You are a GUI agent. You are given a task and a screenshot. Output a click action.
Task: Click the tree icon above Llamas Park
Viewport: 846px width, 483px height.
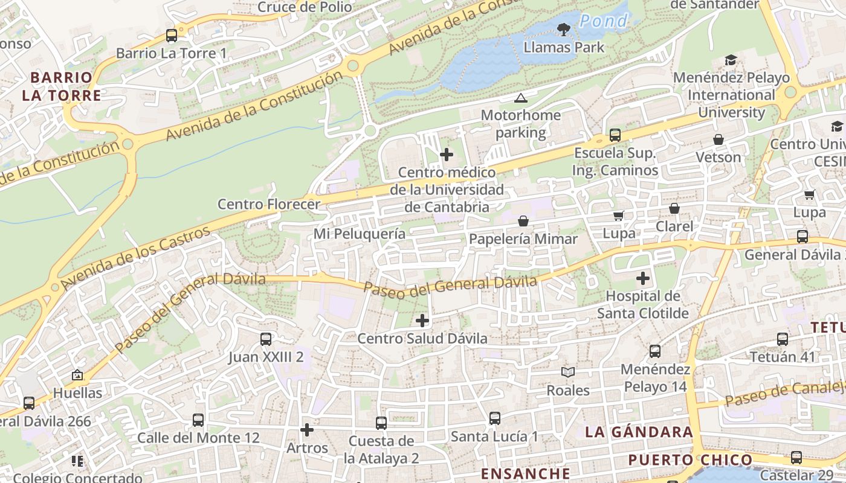click(x=564, y=28)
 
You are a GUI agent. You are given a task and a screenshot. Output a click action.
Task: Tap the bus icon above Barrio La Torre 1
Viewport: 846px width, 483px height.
click(x=172, y=35)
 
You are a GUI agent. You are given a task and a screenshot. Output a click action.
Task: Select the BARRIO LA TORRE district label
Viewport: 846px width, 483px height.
click(x=61, y=86)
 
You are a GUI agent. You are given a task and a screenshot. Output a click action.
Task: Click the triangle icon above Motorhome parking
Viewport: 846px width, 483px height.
click(x=520, y=98)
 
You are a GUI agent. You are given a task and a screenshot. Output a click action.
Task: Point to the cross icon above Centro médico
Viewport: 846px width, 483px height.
click(x=447, y=155)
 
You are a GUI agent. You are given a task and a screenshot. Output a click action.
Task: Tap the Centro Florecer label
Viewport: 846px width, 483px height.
click(x=268, y=204)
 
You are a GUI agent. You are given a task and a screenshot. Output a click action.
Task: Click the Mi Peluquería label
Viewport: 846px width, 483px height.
click(x=360, y=233)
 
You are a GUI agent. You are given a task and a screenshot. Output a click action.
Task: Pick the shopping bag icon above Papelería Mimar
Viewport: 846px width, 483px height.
click(x=523, y=222)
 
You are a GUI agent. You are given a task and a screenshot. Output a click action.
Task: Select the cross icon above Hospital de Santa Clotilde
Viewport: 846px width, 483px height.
click(x=643, y=278)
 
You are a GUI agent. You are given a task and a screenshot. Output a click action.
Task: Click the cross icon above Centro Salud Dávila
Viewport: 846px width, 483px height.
click(x=422, y=321)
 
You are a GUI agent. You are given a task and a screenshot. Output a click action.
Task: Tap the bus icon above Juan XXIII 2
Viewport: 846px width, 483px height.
click(x=266, y=339)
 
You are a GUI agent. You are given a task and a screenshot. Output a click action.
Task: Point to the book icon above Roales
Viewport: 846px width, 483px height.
click(x=567, y=373)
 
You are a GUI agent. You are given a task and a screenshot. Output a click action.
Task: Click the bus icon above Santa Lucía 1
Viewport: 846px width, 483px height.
click(x=494, y=418)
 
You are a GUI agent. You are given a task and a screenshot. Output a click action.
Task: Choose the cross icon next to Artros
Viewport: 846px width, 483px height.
click(x=307, y=430)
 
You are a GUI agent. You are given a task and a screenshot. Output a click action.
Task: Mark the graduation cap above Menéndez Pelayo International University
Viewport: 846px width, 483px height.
click(x=731, y=60)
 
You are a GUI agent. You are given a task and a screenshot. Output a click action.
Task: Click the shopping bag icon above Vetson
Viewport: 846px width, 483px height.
click(x=718, y=139)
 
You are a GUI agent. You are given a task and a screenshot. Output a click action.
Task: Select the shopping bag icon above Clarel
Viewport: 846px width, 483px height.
click(x=674, y=208)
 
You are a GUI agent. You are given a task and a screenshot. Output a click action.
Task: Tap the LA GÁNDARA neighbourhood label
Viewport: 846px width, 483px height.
click(x=639, y=432)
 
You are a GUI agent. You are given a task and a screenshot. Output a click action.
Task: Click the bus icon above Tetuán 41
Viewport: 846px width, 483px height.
click(x=783, y=339)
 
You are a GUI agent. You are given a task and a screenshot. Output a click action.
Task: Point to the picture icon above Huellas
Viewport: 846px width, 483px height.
click(x=77, y=375)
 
